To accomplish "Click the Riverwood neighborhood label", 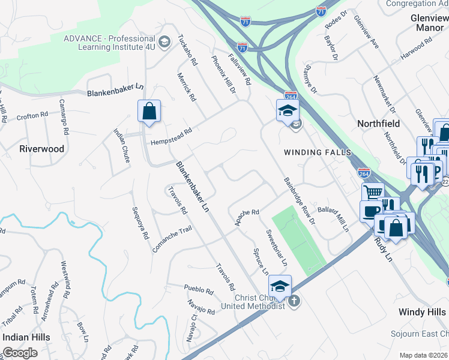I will tap(41, 148).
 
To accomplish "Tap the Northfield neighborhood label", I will tap(378, 123).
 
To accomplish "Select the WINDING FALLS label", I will tap(317, 152).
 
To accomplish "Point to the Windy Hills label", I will tap(423, 313).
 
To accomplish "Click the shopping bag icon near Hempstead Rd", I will tap(149, 112).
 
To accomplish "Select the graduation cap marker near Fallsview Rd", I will tap(288, 110).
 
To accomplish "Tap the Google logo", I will tap(20, 353).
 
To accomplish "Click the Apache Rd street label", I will tap(246, 217).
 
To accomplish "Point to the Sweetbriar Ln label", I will tap(277, 248).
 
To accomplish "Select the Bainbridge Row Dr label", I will tap(300, 200).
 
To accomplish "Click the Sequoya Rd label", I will tap(140, 223).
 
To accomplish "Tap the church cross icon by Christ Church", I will tap(294, 301).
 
